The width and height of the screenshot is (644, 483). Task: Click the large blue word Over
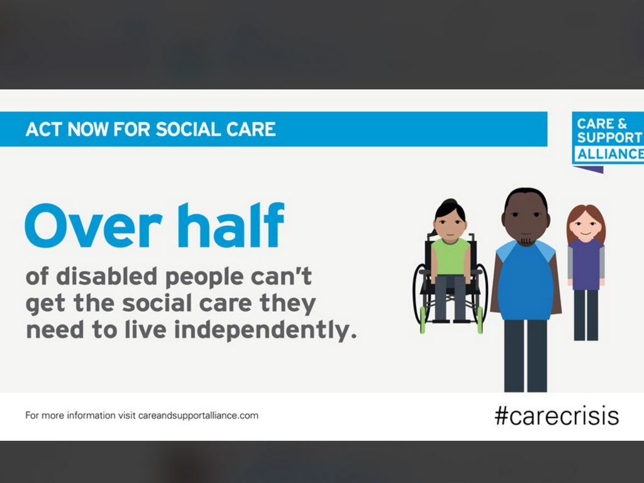coord(94,226)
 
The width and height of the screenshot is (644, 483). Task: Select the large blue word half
coord(231,225)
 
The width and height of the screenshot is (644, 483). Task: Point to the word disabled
coord(106,276)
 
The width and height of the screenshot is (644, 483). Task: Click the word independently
coord(265,330)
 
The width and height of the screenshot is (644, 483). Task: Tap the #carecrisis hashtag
coord(557,416)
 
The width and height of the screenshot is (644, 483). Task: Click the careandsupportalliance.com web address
coord(198,416)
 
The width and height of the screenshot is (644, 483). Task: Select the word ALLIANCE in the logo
coord(610,154)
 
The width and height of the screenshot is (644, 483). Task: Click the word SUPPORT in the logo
coord(609,138)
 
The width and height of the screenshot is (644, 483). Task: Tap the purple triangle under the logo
coord(589,169)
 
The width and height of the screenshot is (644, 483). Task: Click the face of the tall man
coord(526,219)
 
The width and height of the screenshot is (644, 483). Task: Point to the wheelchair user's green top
coord(450,257)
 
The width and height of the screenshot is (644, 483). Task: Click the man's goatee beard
coord(526,240)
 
